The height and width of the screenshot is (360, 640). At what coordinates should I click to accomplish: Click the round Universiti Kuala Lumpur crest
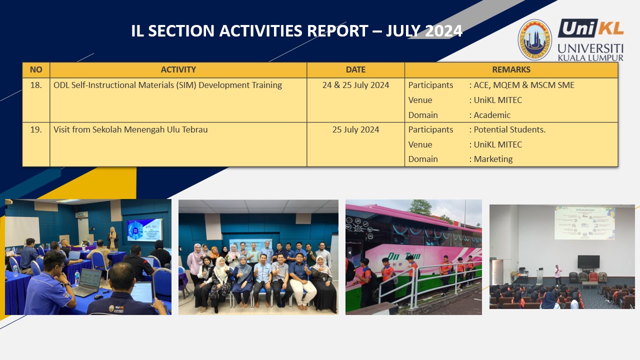coord(534,39)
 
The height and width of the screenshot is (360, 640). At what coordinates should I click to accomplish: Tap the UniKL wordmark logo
coord(591,28)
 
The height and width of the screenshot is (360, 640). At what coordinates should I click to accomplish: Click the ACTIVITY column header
coord(178,69)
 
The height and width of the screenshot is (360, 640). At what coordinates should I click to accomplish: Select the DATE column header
coord(355,69)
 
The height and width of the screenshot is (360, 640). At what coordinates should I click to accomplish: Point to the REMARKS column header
coord(511,69)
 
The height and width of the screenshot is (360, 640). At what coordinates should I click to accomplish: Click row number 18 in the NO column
coord(36,85)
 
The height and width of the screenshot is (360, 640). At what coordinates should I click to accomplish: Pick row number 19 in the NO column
coord(36,129)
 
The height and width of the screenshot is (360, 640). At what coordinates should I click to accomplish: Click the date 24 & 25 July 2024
coord(355,85)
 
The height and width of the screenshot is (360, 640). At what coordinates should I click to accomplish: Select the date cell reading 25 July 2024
coord(355,129)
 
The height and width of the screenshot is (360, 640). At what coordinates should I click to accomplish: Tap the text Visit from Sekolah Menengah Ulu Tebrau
coord(130,129)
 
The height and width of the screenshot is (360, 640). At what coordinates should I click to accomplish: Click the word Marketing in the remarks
coord(493,159)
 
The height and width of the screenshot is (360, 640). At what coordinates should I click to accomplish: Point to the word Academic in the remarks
coord(492,115)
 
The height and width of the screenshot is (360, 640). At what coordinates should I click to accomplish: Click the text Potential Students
coord(509,129)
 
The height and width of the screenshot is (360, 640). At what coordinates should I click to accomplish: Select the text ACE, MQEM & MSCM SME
coord(524,85)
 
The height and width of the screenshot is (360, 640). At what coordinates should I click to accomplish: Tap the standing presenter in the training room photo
coord(112,239)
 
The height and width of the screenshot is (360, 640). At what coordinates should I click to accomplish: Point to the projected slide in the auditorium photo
coord(584,223)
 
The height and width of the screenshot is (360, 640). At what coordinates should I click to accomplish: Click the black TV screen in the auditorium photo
coord(588,262)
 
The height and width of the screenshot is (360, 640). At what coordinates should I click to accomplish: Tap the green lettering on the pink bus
coord(403,256)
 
